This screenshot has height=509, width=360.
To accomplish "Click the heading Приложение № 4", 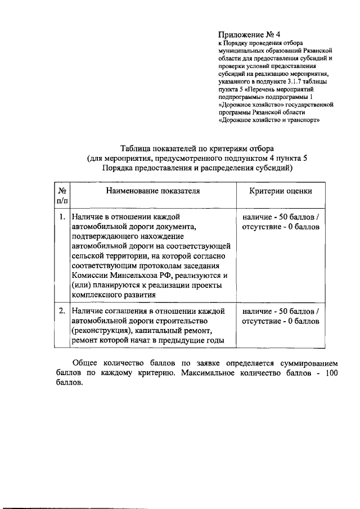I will point(249,33).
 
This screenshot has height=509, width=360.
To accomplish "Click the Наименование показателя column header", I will point(152,191).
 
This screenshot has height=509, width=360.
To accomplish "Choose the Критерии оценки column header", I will point(281,191).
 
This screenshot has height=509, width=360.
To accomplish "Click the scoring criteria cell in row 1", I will point(281,222).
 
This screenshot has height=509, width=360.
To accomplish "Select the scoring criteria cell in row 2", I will point(281,316).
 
